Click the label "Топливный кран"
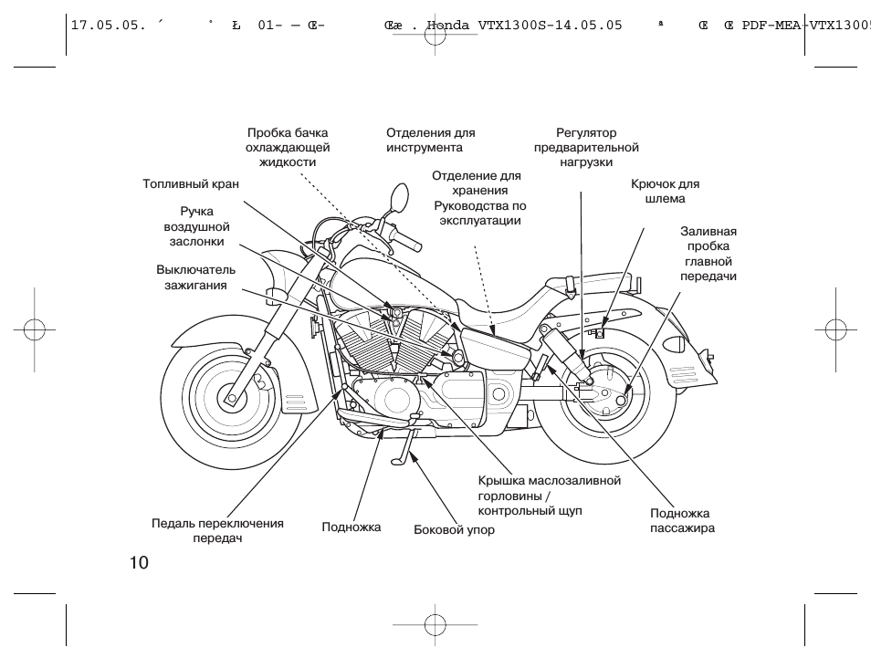[x=191, y=183]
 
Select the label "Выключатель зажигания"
[x=195, y=277]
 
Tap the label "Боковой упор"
[x=454, y=530]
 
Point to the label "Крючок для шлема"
[x=665, y=191]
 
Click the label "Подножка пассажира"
[x=681, y=521]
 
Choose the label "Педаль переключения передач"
[x=217, y=530]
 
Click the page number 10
[x=139, y=562]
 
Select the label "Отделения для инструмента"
[x=430, y=140]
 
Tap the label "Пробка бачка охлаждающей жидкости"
[x=288, y=148]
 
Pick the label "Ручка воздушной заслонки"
[x=196, y=226]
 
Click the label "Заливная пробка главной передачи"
[x=708, y=255]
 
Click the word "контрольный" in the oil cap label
[x=516, y=511]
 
